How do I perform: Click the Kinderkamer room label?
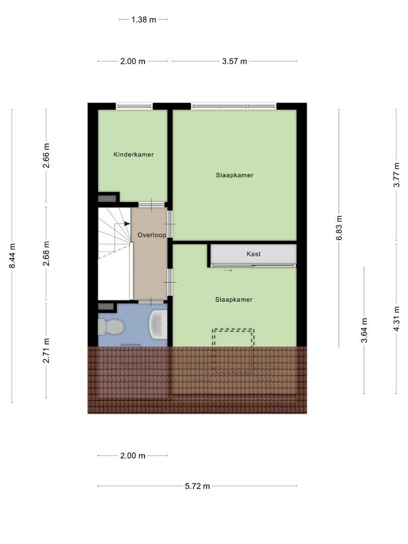[134, 155]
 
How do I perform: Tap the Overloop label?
[152, 235]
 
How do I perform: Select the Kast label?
[254, 254]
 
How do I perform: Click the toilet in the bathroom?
[111, 327]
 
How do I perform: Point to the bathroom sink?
[158, 324]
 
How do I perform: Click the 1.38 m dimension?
[144, 20]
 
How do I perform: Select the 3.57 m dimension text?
[235, 62]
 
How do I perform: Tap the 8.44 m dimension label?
[12, 256]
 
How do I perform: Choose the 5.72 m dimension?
[198, 486]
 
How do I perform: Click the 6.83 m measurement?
[339, 228]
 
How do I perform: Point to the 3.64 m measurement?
[364, 330]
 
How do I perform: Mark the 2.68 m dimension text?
[46, 254]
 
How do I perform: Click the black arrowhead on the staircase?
[128, 224]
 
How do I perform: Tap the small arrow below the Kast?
[228, 271]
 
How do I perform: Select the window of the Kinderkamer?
[134, 106]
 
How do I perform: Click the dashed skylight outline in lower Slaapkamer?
[233, 351]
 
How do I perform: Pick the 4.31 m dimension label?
[397, 319]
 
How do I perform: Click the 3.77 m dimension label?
[397, 175]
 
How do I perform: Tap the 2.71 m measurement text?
[46, 351]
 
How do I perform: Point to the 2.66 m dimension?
[46, 155]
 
